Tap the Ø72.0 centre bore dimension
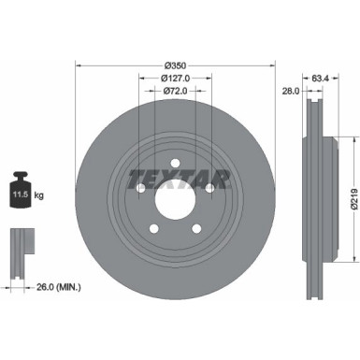176,92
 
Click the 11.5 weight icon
20,194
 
